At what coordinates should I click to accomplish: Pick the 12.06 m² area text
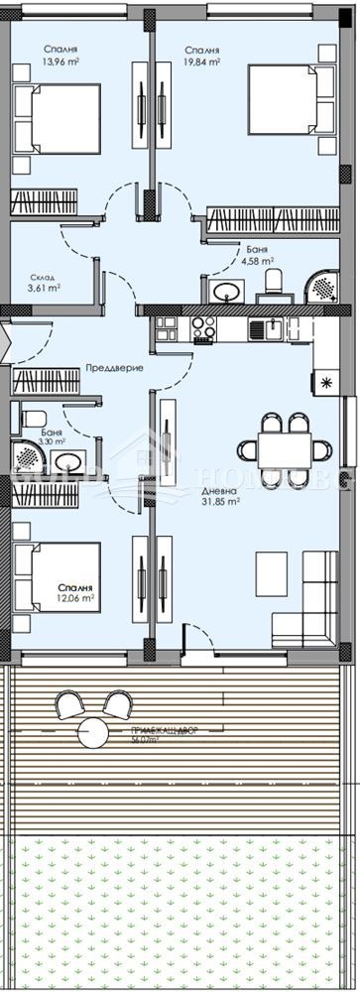(x=76, y=599)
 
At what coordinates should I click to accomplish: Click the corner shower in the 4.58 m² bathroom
(x=321, y=286)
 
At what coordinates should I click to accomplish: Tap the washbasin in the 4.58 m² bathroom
(x=227, y=290)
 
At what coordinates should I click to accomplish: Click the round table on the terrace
(x=96, y=733)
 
